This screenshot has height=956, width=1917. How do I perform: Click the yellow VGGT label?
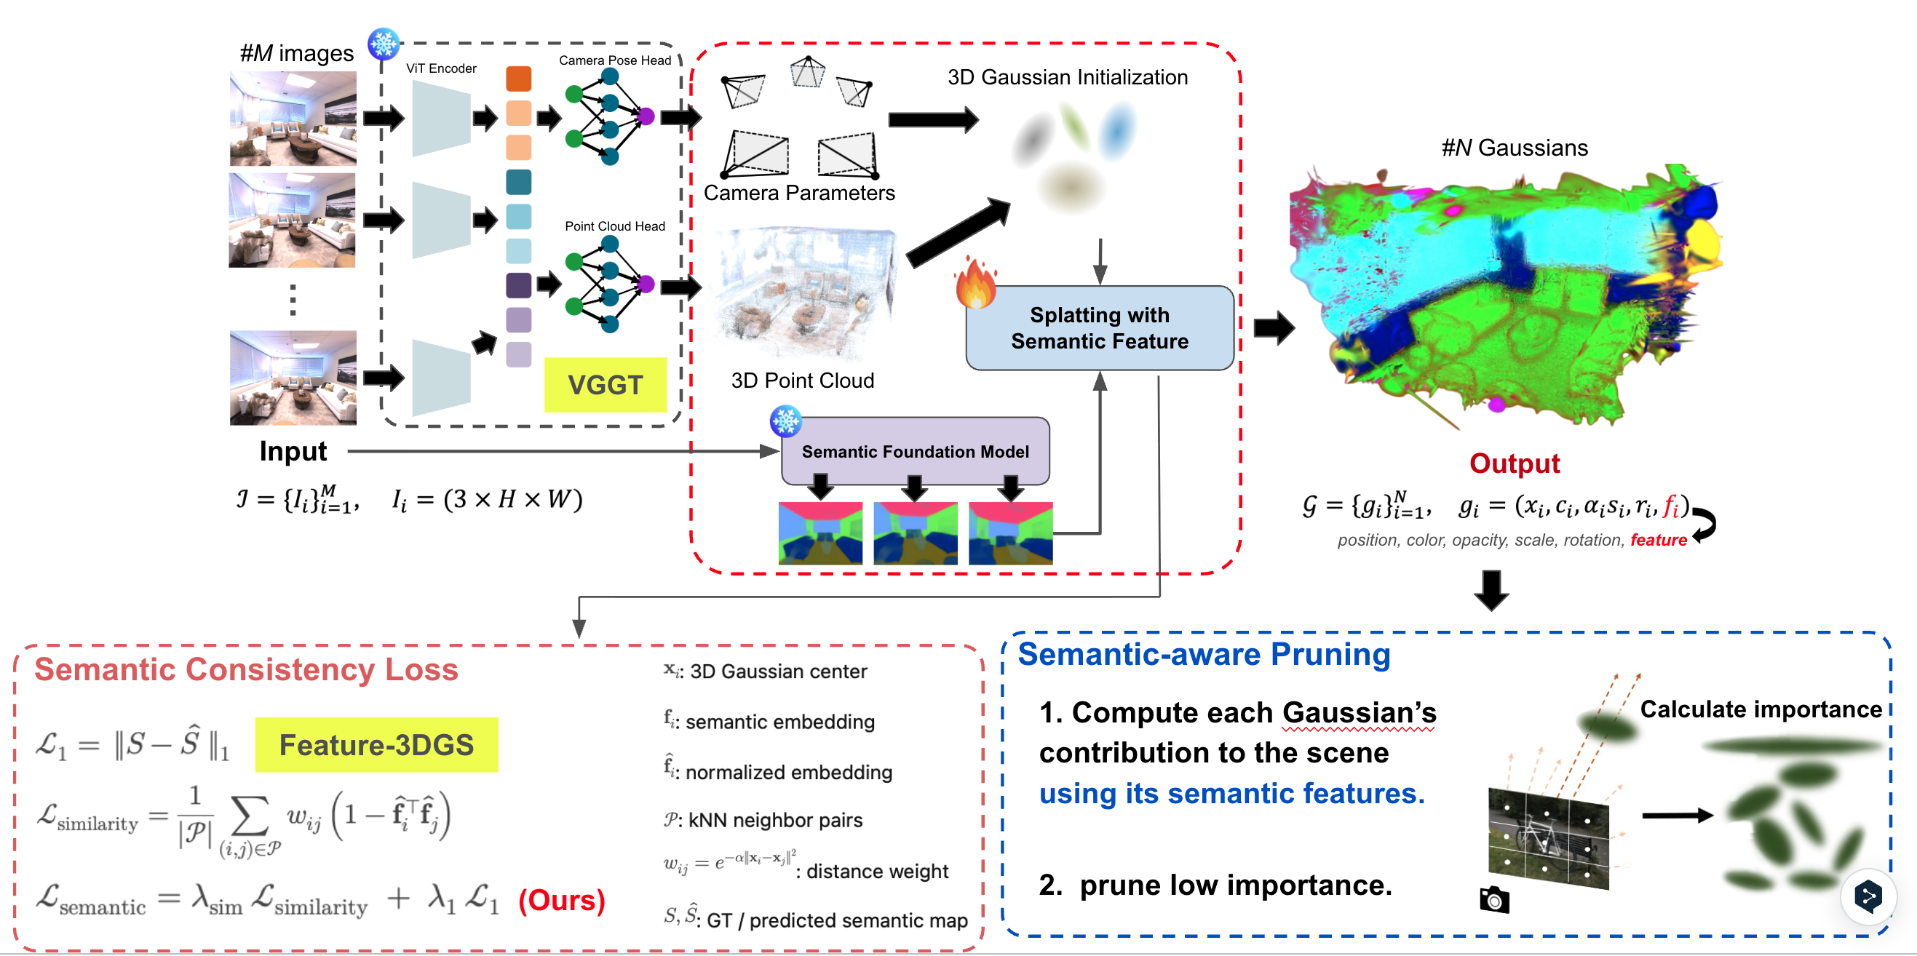605,385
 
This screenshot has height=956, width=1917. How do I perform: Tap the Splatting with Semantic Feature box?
1099,328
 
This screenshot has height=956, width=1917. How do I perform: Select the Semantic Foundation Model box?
915,452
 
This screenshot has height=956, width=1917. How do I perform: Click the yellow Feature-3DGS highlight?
376,745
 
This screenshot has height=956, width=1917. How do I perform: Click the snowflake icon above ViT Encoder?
384,44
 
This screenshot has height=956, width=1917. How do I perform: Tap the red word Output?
1514,463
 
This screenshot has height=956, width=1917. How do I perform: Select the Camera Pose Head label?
615,60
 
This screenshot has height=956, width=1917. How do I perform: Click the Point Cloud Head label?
615,226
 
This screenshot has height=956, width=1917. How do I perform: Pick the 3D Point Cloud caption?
802,381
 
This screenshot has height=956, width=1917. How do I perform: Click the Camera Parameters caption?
799,194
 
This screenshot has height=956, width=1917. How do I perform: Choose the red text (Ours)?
561,900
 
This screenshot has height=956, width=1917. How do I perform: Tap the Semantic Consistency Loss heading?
246,669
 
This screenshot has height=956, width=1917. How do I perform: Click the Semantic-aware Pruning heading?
1203,655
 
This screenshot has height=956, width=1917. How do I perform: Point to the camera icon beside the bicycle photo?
1494,900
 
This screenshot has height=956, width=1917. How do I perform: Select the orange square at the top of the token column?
519,79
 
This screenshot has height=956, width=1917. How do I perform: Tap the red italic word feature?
1658,540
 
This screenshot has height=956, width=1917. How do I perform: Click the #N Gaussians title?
1515,148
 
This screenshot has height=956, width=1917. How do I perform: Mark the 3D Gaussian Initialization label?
1067,77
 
